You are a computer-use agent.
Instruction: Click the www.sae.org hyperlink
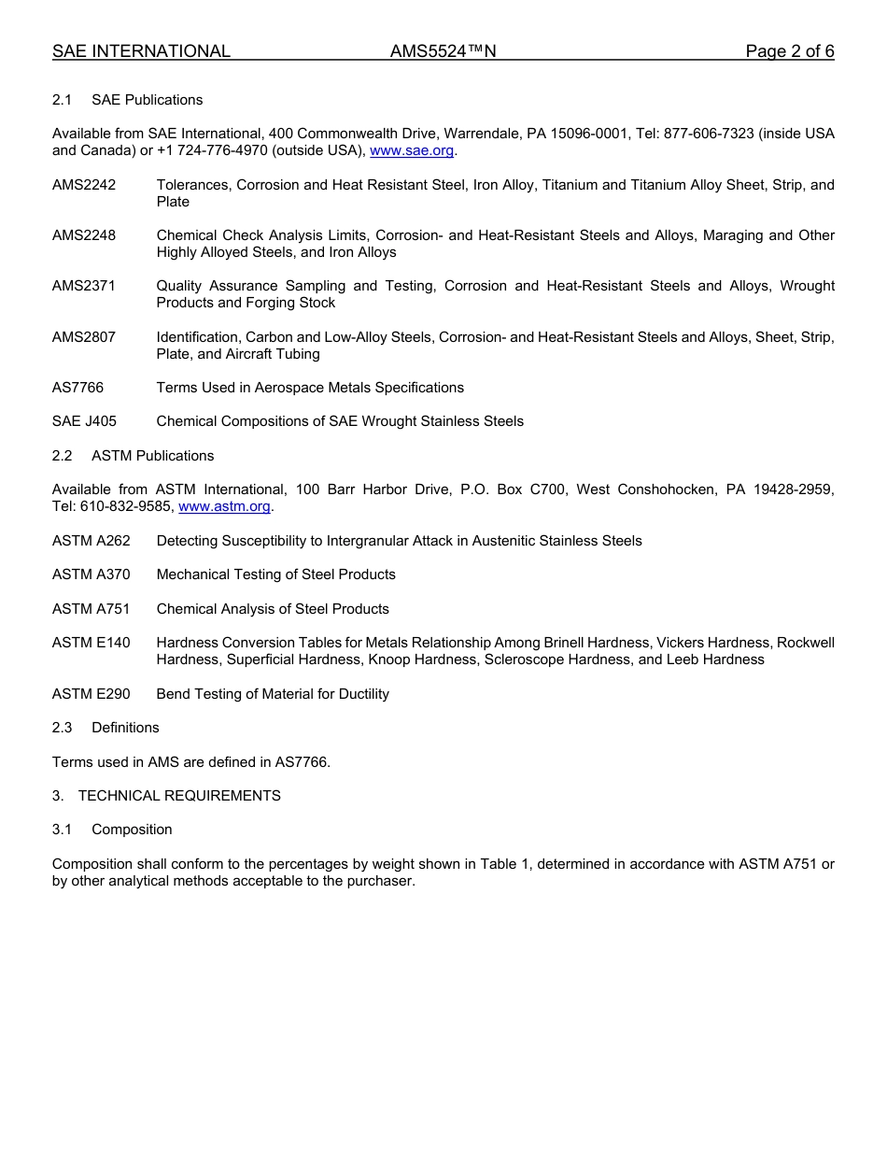coord(412,150)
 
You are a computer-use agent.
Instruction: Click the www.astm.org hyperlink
coord(224,506)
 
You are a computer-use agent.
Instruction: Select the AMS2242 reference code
coord(84,185)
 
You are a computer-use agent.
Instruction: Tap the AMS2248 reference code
coord(84,235)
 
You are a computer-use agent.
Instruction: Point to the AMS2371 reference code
coord(84,286)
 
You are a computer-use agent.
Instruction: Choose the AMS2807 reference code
coord(84,337)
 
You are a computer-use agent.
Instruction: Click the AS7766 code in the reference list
coord(77,388)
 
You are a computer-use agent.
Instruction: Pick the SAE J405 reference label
coord(84,421)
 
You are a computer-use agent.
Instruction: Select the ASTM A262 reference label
coord(92,541)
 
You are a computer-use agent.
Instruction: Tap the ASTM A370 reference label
coord(92,574)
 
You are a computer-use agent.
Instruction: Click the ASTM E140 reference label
coord(92,643)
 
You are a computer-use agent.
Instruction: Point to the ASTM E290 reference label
coord(92,694)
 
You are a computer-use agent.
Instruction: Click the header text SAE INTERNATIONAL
coord(141,51)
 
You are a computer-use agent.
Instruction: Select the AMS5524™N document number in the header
coord(443,51)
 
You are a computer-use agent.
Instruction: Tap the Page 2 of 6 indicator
coord(789,51)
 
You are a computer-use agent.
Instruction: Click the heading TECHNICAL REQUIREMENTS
coord(179,796)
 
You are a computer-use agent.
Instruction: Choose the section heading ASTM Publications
coord(152,456)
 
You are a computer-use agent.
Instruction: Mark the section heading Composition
coord(132,830)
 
